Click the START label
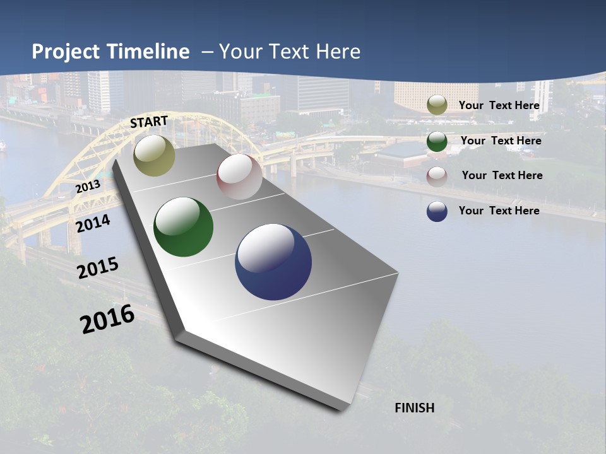tap(149, 121)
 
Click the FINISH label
tap(415, 408)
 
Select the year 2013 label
tap(88, 187)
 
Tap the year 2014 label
tap(93, 223)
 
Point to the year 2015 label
tap(98, 268)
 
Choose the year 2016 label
tap(107, 319)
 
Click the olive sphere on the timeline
tap(155, 155)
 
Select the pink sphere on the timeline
tap(239, 177)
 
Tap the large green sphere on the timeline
tap(183, 227)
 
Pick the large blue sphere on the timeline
tap(273, 262)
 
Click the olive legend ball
tap(437, 105)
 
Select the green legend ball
tap(437, 141)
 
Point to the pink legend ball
tap(437, 177)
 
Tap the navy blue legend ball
tap(437, 211)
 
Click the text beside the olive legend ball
tap(499, 105)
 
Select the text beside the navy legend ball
tap(499, 211)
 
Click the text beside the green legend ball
tap(501, 141)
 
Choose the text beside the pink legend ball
tap(502, 175)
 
